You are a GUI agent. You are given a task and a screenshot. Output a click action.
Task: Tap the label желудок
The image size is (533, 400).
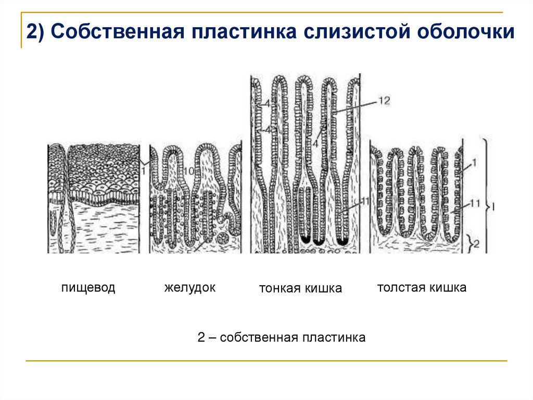(x=190, y=287)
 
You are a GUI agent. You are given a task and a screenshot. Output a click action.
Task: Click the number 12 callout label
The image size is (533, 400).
(x=384, y=101)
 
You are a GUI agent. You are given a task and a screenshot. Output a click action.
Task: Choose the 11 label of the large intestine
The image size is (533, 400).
(x=473, y=202)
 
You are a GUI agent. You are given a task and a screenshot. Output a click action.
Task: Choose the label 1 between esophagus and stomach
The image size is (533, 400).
(x=143, y=168)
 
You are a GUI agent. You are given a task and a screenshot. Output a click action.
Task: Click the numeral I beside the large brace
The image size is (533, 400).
(x=493, y=207)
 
